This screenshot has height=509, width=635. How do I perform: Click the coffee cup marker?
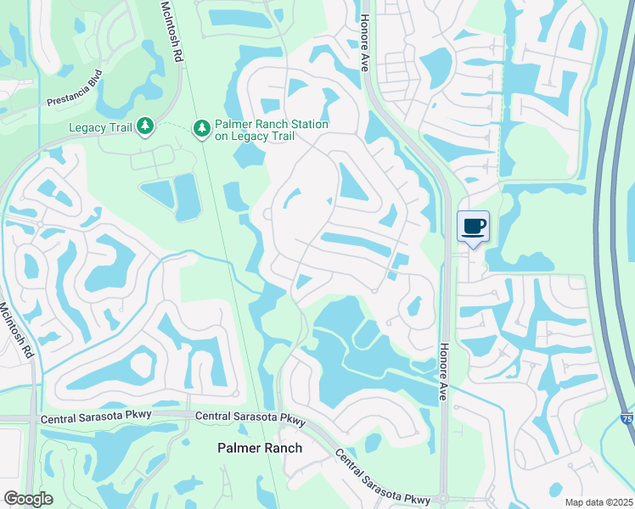474,227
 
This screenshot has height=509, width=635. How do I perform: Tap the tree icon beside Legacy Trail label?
145,127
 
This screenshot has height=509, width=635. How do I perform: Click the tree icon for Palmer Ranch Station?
201,129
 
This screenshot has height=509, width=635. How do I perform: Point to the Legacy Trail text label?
101,128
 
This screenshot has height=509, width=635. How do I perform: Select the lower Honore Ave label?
442,372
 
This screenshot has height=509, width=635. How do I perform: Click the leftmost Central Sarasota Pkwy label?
82,419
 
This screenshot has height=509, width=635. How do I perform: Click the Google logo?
28,499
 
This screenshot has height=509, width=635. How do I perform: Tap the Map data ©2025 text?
598,502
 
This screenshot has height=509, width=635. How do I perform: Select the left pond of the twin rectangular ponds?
158,194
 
